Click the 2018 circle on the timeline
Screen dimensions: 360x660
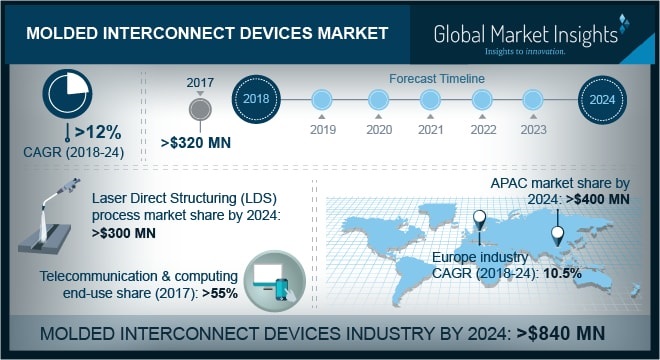pos(258,100)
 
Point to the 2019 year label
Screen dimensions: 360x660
pos(322,129)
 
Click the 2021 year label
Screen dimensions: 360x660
pos(429,129)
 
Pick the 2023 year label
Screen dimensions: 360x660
pos(533,129)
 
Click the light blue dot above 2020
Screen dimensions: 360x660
pos(377,100)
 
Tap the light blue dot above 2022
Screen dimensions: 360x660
pos(482,100)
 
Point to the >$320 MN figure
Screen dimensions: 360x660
pos(196,143)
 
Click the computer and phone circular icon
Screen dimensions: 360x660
pos(274,279)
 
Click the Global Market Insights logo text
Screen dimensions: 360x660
pos(526,34)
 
